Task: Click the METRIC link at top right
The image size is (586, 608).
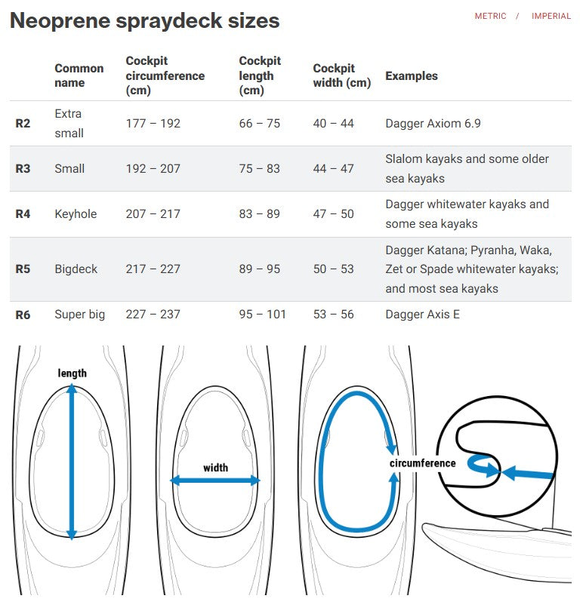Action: pos(490,16)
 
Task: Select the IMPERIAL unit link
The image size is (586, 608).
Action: pos(551,16)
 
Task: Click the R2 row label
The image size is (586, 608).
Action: pos(23,123)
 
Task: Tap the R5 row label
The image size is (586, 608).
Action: pos(23,269)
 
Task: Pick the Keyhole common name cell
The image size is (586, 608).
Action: pos(76,213)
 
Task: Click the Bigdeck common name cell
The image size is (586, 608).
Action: pos(76,269)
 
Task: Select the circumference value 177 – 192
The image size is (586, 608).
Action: pos(153,123)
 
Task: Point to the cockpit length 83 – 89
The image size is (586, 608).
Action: pos(259,213)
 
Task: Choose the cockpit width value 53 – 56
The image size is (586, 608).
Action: pos(333,314)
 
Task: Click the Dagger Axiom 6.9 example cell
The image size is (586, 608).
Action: pos(433,123)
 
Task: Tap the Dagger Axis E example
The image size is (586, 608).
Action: pos(422,314)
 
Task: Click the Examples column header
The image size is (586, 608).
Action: pos(411,75)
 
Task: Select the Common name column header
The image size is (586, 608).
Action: pos(79,75)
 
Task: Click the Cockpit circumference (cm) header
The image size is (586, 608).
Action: pos(165,75)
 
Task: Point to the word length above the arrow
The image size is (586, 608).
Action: pos(72,373)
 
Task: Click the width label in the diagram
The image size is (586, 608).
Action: pos(215,468)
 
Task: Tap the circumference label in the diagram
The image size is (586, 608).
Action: pos(422,462)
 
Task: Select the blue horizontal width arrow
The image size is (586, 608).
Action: pos(215,481)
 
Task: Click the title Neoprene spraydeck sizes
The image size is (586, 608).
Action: pos(144,20)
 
